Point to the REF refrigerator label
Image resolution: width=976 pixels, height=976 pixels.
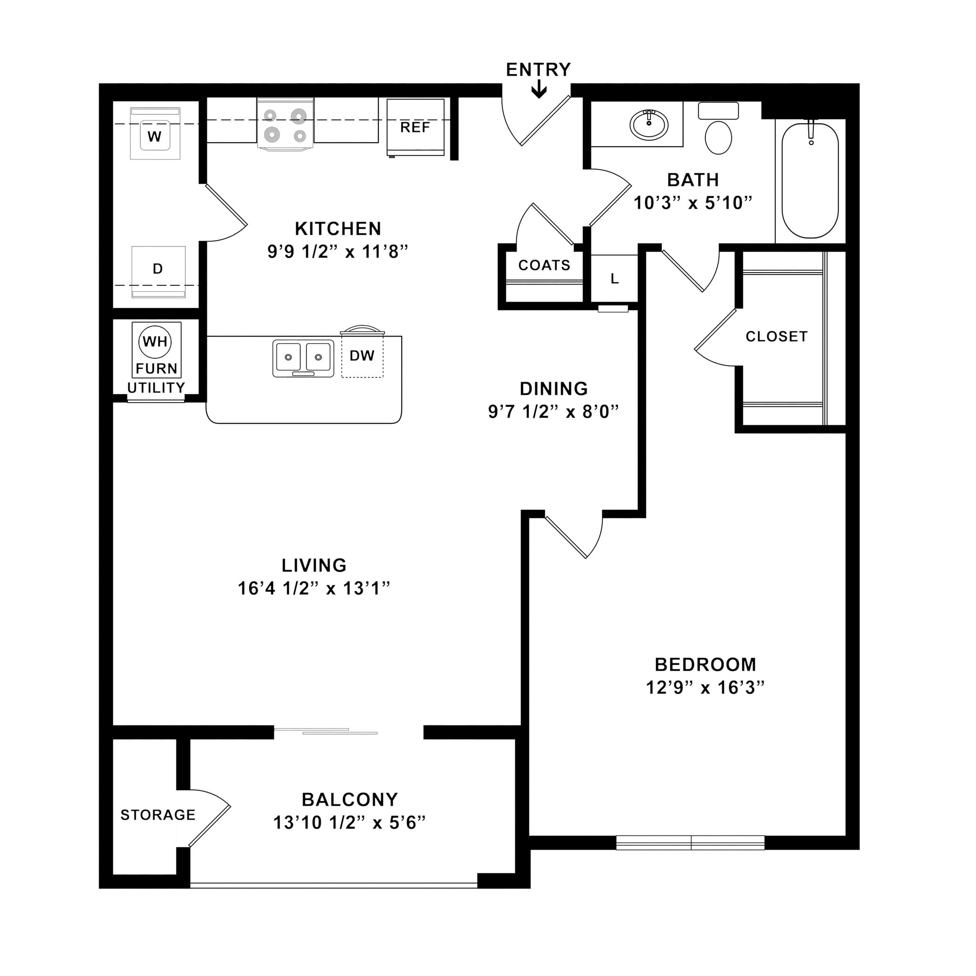pyautogui.click(x=415, y=127)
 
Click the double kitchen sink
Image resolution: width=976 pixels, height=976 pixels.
pyautogui.click(x=303, y=358)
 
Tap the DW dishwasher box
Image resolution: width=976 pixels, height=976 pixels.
pyautogui.click(x=362, y=356)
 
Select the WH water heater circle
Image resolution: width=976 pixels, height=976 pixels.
pyautogui.click(x=155, y=342)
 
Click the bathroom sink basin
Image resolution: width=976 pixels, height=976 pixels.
pyautogui.click(x=649, y=124)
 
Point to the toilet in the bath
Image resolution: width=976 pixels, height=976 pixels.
pyautogui.click(x=718, y=134)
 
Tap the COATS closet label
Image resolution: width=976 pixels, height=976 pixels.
pyautogui.click(x=544, y=265)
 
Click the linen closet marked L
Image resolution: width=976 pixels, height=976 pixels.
pyautogui.click(x=614, y=278)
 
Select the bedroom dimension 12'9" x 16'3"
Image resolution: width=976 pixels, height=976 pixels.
pyautogui.click(x=705, y=688)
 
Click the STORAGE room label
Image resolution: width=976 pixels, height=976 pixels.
pyautogui.click(x=158, y=815)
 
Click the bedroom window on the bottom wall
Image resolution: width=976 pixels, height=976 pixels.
pyautogui.click(x=690, y=843)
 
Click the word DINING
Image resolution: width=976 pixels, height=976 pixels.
pyautogui.click(x=554, y=388)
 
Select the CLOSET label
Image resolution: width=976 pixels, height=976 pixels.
pyautogui.click(x=776, y=336)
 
